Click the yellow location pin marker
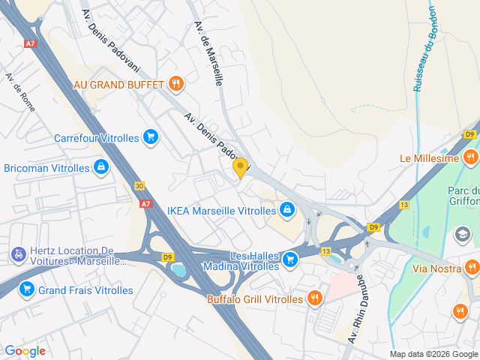point(240,167)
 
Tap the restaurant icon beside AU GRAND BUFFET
point(175,83)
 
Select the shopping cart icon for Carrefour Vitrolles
point(151,137)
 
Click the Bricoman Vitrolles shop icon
point(100,167)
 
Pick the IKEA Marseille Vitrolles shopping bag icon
point(286,210)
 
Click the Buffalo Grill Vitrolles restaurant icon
point(314,298)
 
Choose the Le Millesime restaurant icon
point(471,157)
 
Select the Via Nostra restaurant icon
point(471,267)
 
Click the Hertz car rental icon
point(16,255)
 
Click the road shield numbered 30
point(140,185)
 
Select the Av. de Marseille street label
point(208,53)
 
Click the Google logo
point(25,351)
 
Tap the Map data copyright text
point(433,354)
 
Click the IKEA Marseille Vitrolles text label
point(221,211)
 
